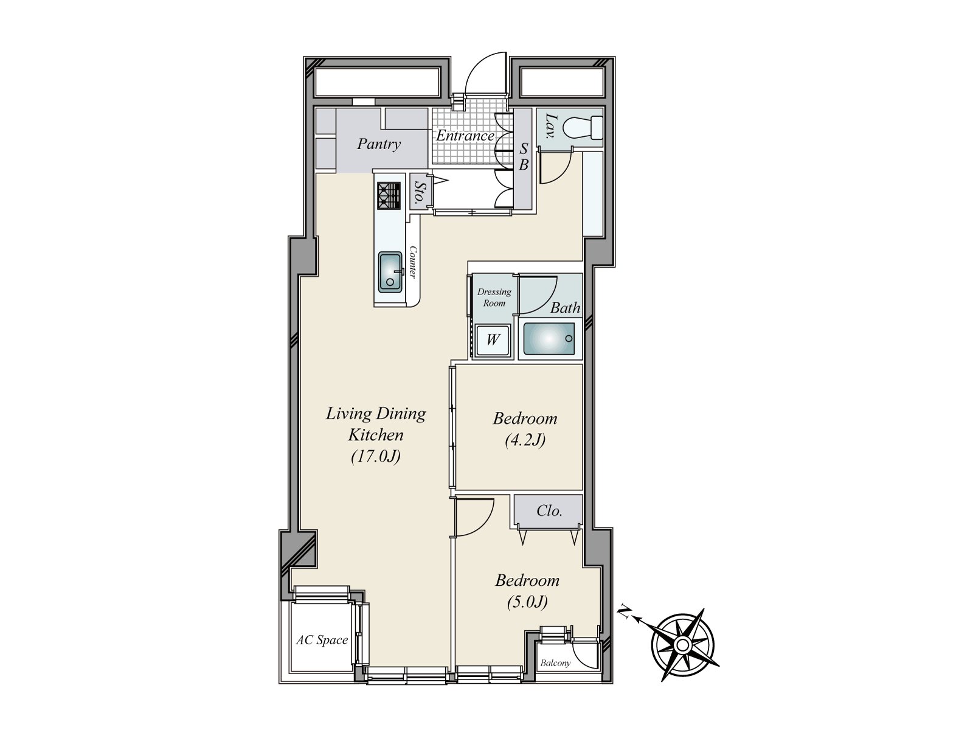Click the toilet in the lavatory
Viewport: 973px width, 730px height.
click(x=582, y=128)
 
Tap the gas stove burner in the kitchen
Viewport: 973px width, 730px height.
click(x=389, y=196)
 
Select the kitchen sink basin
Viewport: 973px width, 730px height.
click(x=390, y=271)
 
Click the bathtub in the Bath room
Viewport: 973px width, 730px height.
click(x=549, y=339)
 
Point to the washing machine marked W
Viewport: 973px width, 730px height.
click(x=493, y=339)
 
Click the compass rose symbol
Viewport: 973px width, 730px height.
click(x=682, y=644)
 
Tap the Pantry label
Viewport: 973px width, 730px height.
click(x=378, y=144)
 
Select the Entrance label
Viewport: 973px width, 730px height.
click(x=465, y=136)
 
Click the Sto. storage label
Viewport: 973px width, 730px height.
click(x=418, y=192)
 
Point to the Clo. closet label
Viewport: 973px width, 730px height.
click(x=549, y=511)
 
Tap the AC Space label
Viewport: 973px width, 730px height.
click(x=322, y=640)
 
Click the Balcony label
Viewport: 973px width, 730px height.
click(x=555, y=663)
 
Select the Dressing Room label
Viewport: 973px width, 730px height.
click(x=494, y=297)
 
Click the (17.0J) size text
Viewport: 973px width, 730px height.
click(x=375, y=456)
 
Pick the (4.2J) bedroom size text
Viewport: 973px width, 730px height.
click(x=525, y=440)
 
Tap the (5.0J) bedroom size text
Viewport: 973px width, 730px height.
click(x=527, y=602)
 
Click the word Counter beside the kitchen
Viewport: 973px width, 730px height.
click(x=413, y=262)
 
